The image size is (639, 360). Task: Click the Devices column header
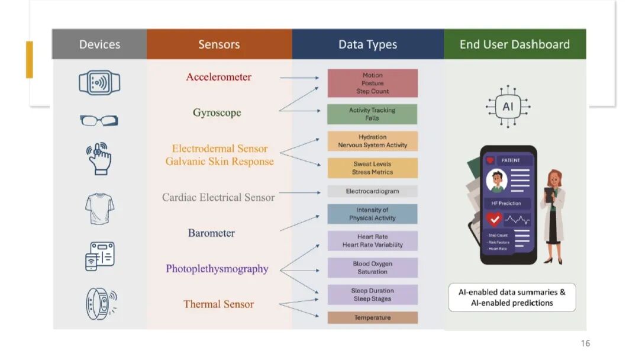coord(99,44)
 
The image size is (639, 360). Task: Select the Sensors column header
coord(219,44)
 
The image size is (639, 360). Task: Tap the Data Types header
coord(367,44)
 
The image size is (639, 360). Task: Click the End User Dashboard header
coord(514,44)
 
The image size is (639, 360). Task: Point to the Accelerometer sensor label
coord(219,77)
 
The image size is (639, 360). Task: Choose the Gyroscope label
coord(217,112)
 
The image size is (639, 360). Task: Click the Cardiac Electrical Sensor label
coord(218,197)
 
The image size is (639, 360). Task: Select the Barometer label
coord(211,233)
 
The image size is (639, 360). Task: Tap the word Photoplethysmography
coord(217,269)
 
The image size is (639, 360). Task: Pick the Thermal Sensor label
coord(218,304)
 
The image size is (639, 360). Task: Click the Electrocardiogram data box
coord(372,191)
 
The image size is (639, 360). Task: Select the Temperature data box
coord(372,318)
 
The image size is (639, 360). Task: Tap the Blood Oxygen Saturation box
coord(372,268)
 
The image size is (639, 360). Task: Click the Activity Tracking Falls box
coord(372,114)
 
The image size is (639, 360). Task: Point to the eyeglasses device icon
coord(99,121)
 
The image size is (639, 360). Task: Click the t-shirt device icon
coord(99,209)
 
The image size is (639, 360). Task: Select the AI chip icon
coord(508,107)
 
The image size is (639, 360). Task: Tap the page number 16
coord(585,343)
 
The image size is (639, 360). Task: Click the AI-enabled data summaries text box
coord(512,297)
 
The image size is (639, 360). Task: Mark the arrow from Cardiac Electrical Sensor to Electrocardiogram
coord(301,192)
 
